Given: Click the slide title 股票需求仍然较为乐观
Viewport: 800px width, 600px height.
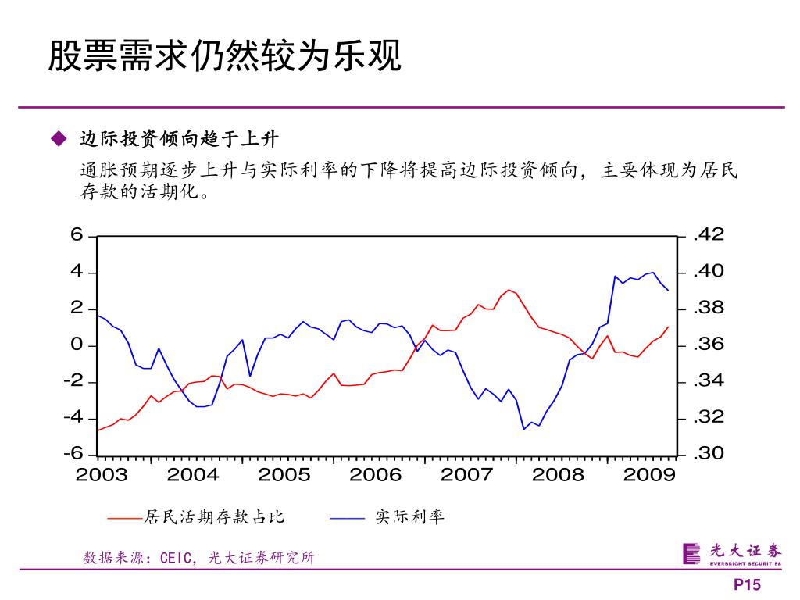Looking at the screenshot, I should pos(225,57).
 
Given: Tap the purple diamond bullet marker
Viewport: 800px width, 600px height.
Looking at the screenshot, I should pos(57,139).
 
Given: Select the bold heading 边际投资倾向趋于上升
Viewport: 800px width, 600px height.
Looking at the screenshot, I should pos(179,140).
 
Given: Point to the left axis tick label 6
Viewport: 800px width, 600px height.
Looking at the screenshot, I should pos(77,235).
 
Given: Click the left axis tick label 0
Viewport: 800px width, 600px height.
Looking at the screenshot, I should pos(77,345).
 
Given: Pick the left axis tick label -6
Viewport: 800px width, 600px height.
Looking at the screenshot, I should pos(73,454).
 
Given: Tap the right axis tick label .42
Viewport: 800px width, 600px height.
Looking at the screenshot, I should pos(709,234).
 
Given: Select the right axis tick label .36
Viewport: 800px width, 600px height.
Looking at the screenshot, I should pos(709,345).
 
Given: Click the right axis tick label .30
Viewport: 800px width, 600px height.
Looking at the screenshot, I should pos(709,454).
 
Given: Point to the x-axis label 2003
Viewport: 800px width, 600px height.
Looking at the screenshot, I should pos(102,475).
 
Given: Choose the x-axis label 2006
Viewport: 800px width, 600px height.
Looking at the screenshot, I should pos(375,475).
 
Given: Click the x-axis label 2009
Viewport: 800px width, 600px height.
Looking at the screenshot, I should pos(649,475).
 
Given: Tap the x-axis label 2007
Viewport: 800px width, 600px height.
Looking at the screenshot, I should pos(466,475).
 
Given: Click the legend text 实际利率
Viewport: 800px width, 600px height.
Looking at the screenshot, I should pos(409,516).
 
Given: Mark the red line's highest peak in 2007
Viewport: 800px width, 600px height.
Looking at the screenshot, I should pos(509,290).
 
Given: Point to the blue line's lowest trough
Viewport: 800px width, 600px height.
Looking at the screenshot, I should pos(524,429).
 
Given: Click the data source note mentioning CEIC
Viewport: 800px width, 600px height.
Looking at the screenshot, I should pos(199,558).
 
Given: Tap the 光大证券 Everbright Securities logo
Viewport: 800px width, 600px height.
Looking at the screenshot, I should pos(731,552).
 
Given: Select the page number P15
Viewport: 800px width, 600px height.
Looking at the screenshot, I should pos(746,586).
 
